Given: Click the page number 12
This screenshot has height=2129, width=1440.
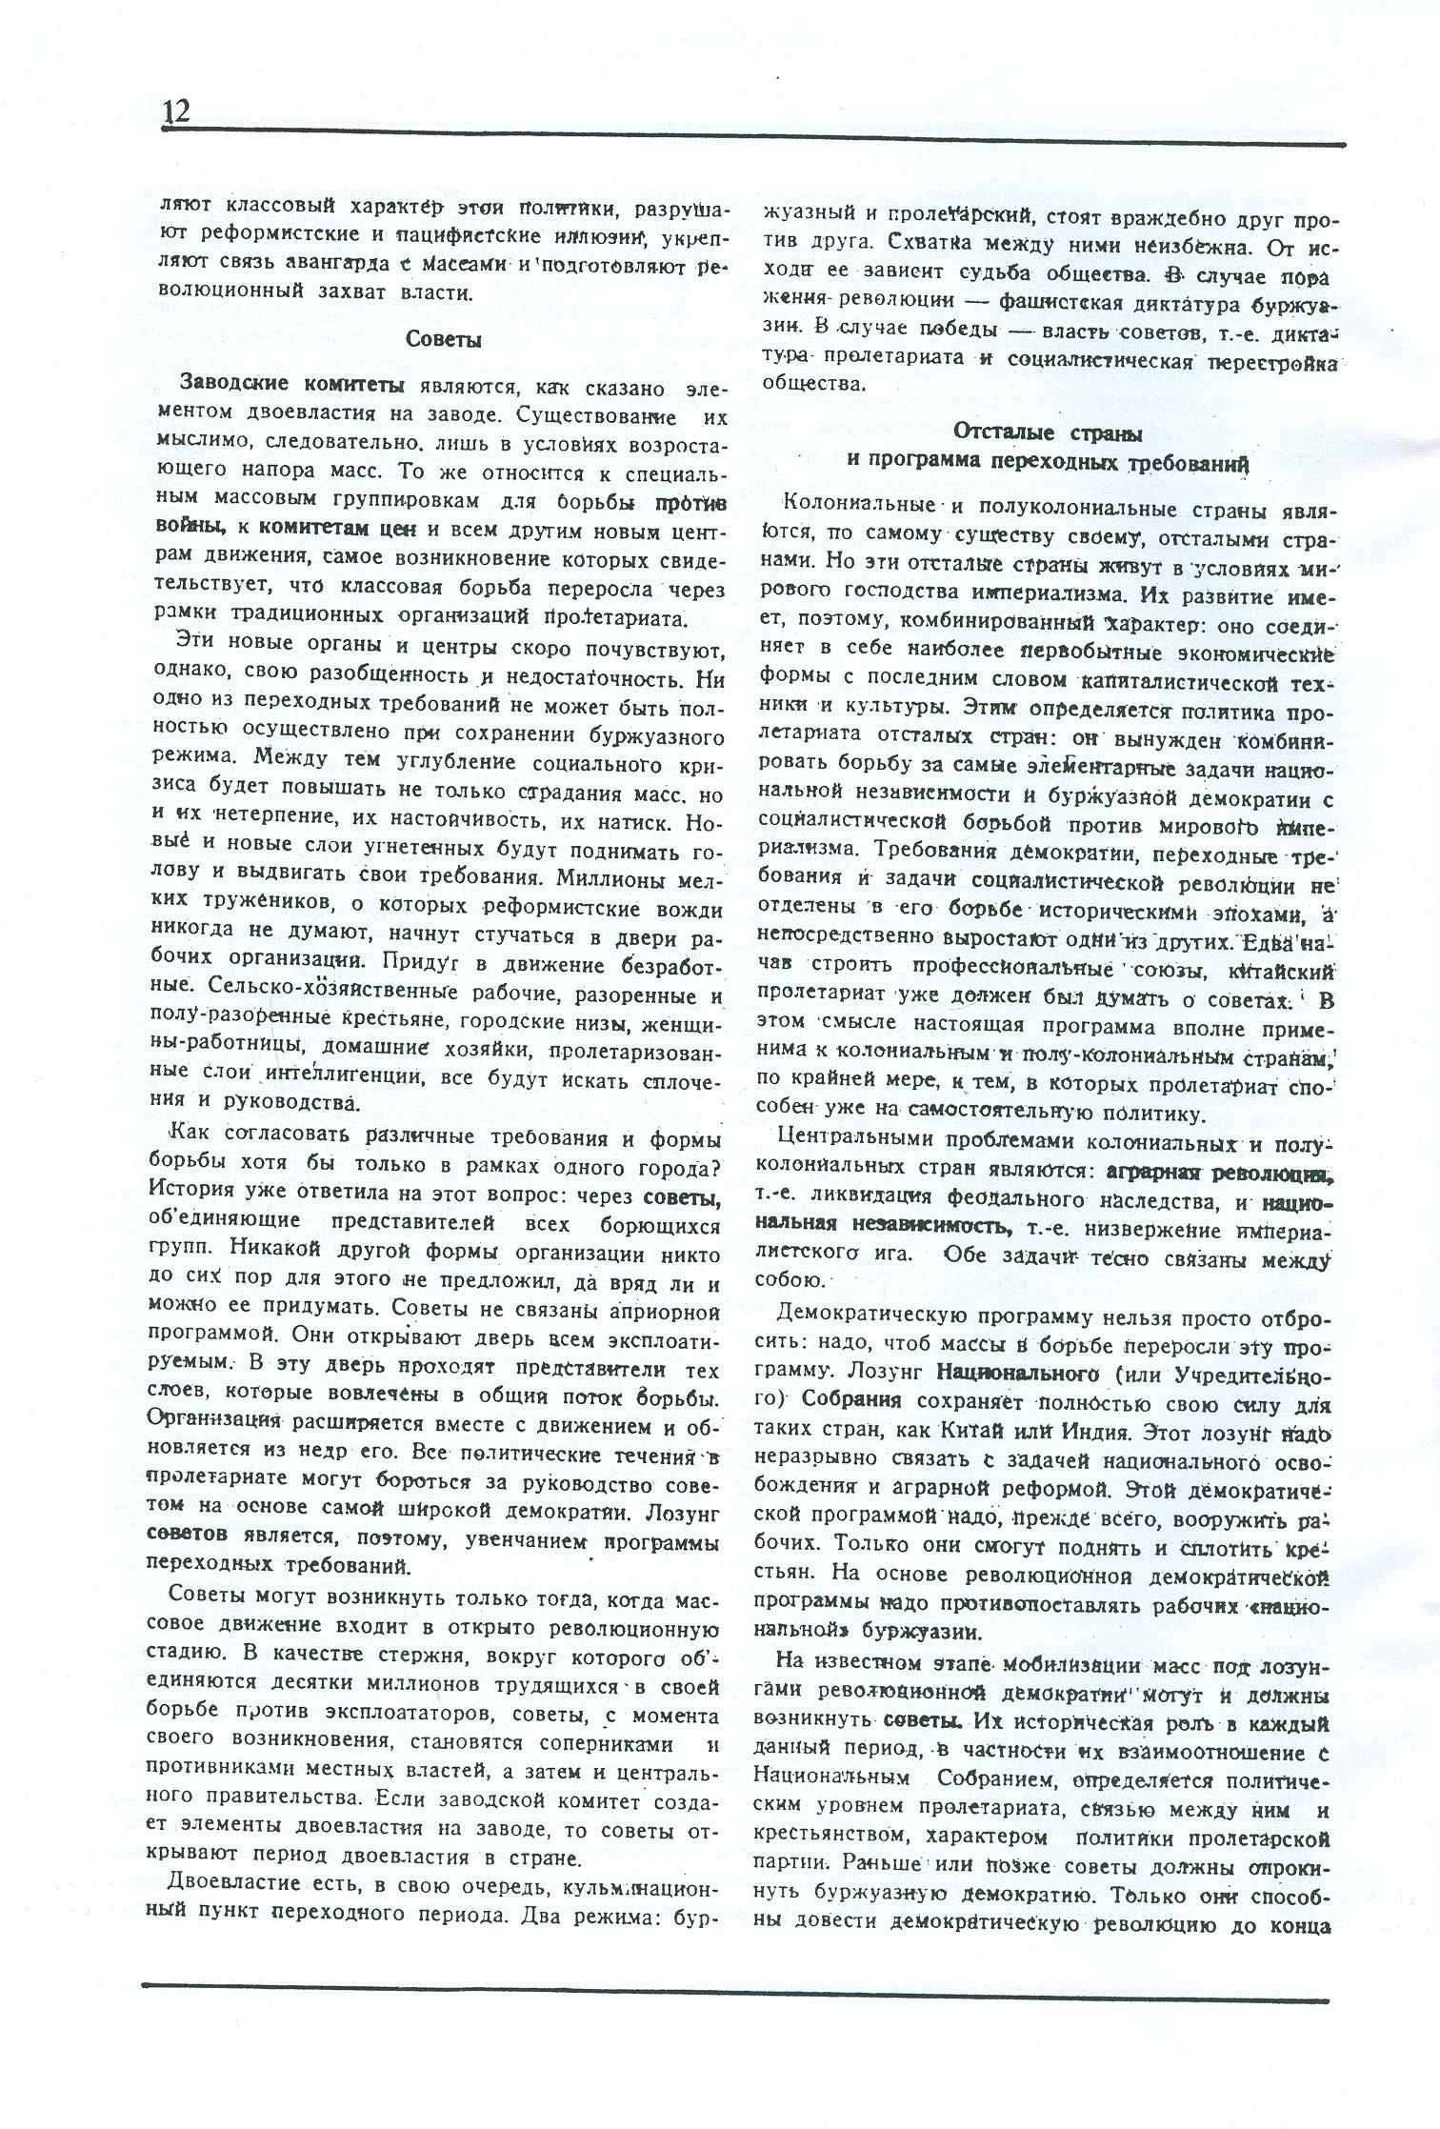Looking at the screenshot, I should [x=176, y=112].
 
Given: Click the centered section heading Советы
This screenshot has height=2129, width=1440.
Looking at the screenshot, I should [x=443, y=339].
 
